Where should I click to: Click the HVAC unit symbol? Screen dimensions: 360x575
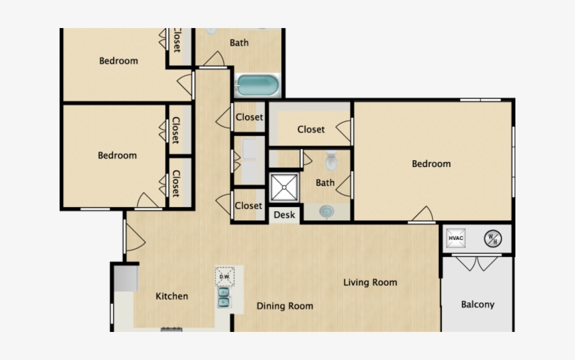coord(456,239)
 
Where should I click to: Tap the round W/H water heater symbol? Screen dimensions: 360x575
coord(493,239)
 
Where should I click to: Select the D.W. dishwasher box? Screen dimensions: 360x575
coord(224,276)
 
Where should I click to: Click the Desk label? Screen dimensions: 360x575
coord(285,215)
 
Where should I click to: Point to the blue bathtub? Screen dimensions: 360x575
coord(257,86)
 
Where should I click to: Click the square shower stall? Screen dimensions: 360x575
coord(285,188)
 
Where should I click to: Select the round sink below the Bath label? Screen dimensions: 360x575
coord(327,210)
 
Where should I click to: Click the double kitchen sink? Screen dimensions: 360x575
coord(224,298)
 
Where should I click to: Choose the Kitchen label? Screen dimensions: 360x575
coord(172,296)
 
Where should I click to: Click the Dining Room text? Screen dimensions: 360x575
coord(285,306)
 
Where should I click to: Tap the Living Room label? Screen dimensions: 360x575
coord(370,283)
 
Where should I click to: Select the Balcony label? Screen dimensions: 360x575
coord(478,305)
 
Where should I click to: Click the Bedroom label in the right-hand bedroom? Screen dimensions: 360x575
coord(431,164)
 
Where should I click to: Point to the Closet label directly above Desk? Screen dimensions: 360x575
coord(248,206)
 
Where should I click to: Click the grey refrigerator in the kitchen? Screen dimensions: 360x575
coord(127,277)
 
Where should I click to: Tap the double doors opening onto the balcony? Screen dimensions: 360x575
coord(477,265)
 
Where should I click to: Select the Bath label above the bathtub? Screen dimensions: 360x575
coord(239,43)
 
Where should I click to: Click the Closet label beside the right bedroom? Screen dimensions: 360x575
coord(311,129)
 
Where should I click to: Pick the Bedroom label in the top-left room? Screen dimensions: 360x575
coord(119,61)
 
